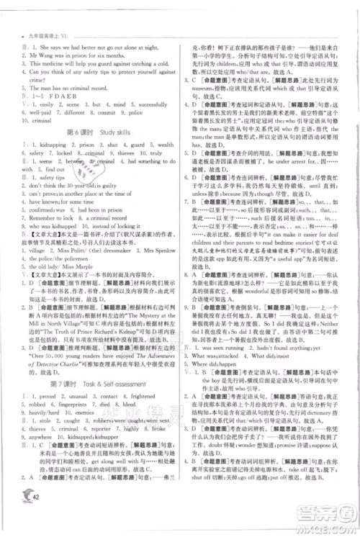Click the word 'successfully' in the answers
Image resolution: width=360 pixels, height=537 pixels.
(x=144, y=104)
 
